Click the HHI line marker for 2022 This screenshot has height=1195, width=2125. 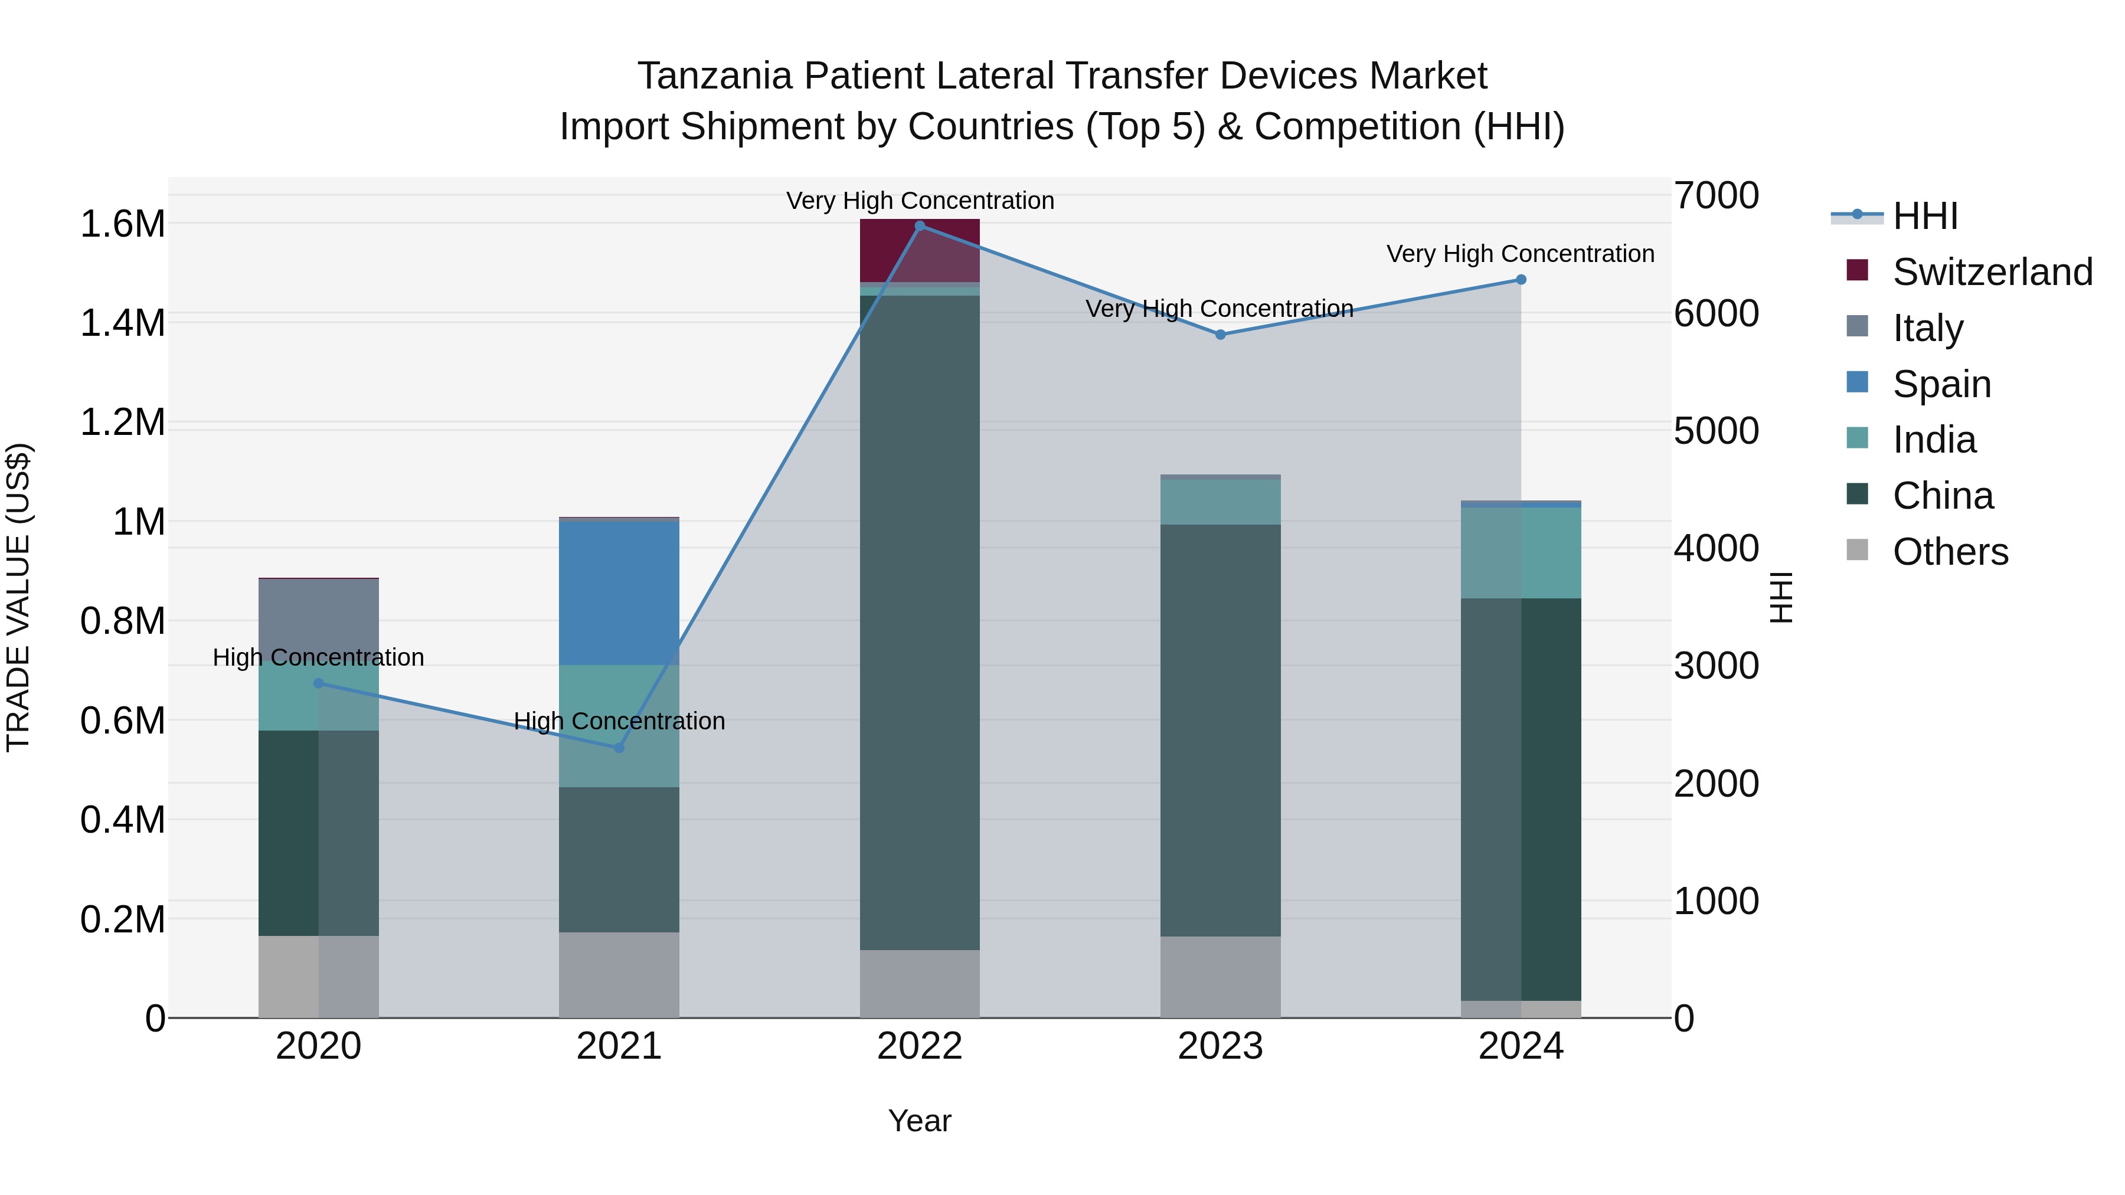(x=920, y=226)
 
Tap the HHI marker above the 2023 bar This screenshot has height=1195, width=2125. (x=1221, y=335)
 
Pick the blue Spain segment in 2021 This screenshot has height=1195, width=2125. (x=620, y=593)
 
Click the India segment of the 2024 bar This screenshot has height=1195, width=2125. (x=1521, y=552)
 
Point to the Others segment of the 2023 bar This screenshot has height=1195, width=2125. (x=1221, y=977)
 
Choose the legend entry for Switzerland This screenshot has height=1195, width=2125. (x=1992, y=272)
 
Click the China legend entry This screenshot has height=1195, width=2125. (x=1943, y=496)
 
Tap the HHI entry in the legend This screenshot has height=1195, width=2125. (x=1924, y=216)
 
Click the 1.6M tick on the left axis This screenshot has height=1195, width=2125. (x=123, y=224)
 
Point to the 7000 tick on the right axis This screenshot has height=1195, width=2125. (x=1716, y=197)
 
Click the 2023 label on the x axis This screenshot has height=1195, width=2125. (x=1221, y=1046)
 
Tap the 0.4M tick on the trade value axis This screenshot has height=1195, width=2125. (x=123, y=821)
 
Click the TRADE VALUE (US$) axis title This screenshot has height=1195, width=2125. (x=18, y=597)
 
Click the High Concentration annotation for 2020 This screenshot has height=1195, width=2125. (x=318, y=658)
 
